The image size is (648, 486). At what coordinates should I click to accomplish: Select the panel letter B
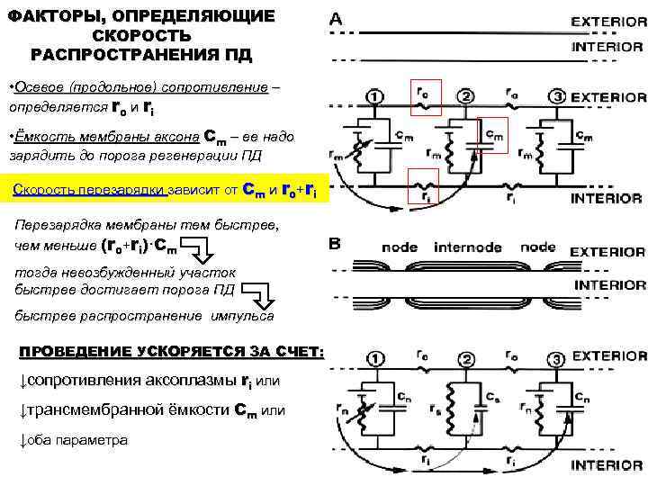(x=336, y=244)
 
